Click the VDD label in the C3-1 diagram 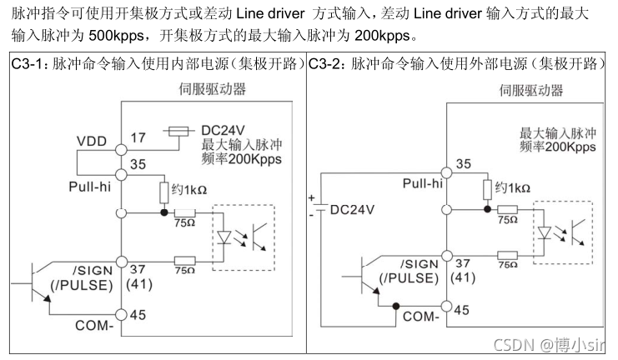tap(92, 141)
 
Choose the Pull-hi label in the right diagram tap(423, 183)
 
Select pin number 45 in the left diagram tap(138, 314)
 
